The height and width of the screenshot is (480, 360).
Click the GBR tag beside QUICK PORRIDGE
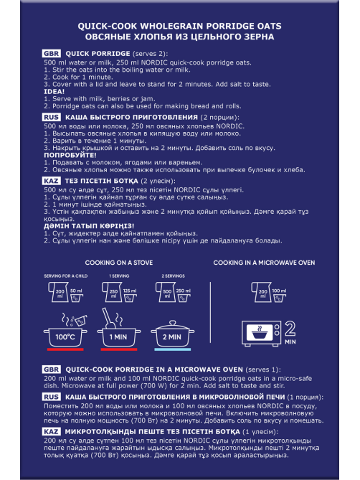click(52, 54)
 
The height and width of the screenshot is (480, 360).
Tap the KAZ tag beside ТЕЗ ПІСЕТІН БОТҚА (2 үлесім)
click(51, 181)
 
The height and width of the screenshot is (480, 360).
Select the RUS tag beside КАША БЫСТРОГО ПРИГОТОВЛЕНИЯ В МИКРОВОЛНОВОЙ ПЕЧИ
click(51, 397)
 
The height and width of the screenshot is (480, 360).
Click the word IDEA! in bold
click(54, 92)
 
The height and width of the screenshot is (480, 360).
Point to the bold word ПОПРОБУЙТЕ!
click(70, 155)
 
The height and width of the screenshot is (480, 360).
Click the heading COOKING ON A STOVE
click(118, 263)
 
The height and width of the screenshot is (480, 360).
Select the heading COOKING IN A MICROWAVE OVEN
click(264, 263)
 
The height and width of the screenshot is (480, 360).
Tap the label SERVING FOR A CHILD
click(65, 276)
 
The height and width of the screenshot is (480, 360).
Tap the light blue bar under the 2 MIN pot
click(173, 349)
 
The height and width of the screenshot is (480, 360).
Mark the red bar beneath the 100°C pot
click(65, 349)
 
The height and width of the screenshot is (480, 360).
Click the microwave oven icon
click(261, 333)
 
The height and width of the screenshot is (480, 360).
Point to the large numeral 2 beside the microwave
click(290, 329)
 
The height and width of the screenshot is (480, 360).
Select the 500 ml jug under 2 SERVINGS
click(164, 292)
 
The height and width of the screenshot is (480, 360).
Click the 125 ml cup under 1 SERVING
click(130, 295)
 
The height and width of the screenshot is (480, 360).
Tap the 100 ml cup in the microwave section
click(279, 295)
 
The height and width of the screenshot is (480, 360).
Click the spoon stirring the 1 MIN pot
click(107, 319)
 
